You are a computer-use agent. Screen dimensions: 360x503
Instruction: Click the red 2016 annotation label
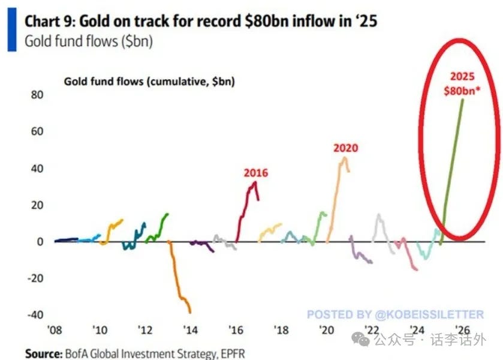[255, 173]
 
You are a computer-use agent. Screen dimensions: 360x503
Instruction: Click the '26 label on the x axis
[462, 330]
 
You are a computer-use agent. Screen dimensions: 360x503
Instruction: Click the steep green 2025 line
[453, 162]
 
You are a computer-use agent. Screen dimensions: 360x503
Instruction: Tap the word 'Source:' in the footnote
[43, 353]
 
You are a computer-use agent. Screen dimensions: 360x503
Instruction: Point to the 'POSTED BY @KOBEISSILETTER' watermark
[395, 314]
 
